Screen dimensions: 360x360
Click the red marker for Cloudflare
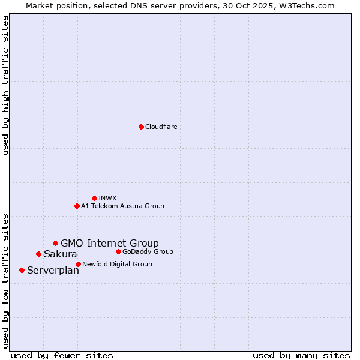141,127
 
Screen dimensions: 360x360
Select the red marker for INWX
94,198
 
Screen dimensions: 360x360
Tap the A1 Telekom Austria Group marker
77,206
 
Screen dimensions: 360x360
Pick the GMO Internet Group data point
55,243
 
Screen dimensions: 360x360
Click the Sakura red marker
38,254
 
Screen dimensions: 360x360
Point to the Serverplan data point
22,270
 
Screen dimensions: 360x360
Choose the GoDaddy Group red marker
118,251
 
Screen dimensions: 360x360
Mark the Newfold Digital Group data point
78,264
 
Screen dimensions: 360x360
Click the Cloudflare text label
161,127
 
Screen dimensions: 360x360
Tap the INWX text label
107,198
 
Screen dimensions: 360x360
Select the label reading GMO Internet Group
110,243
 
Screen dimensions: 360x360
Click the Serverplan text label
53,271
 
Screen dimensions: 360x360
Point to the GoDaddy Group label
148,251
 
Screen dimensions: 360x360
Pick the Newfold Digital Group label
117,264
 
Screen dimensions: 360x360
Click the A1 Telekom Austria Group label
122,206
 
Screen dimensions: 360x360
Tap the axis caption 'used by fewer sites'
62,355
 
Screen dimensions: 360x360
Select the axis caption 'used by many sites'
301,355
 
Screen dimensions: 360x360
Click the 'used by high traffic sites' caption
6,85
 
